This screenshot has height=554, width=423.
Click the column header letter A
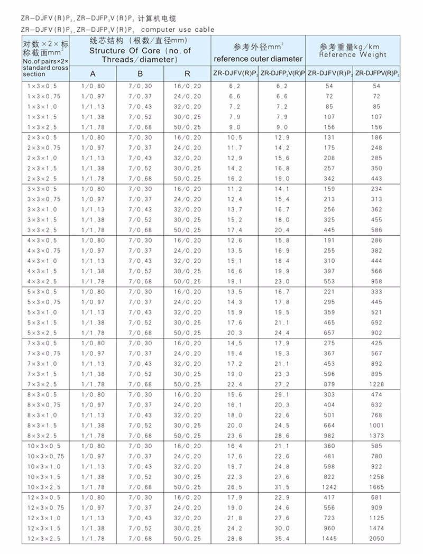coord(93,73)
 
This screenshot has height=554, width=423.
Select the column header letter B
coord(140,73)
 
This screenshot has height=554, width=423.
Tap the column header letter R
coord(187,73)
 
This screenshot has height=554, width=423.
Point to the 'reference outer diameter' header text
coord(258,59)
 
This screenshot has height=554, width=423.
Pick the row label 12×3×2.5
coord(43,539)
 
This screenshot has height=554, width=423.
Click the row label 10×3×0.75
coord(45,456)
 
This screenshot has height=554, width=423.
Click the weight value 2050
coord(376,539)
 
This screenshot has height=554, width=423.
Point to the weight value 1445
coord(329,539)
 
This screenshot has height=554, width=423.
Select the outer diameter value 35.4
coord(282,539)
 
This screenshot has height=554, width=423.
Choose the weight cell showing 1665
coord(376,487)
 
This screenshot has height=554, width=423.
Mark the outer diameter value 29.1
coord(282,394)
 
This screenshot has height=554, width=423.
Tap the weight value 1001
coord(376,426)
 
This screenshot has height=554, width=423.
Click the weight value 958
coord(376,281)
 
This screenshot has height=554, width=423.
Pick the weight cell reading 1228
coord(376,384)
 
